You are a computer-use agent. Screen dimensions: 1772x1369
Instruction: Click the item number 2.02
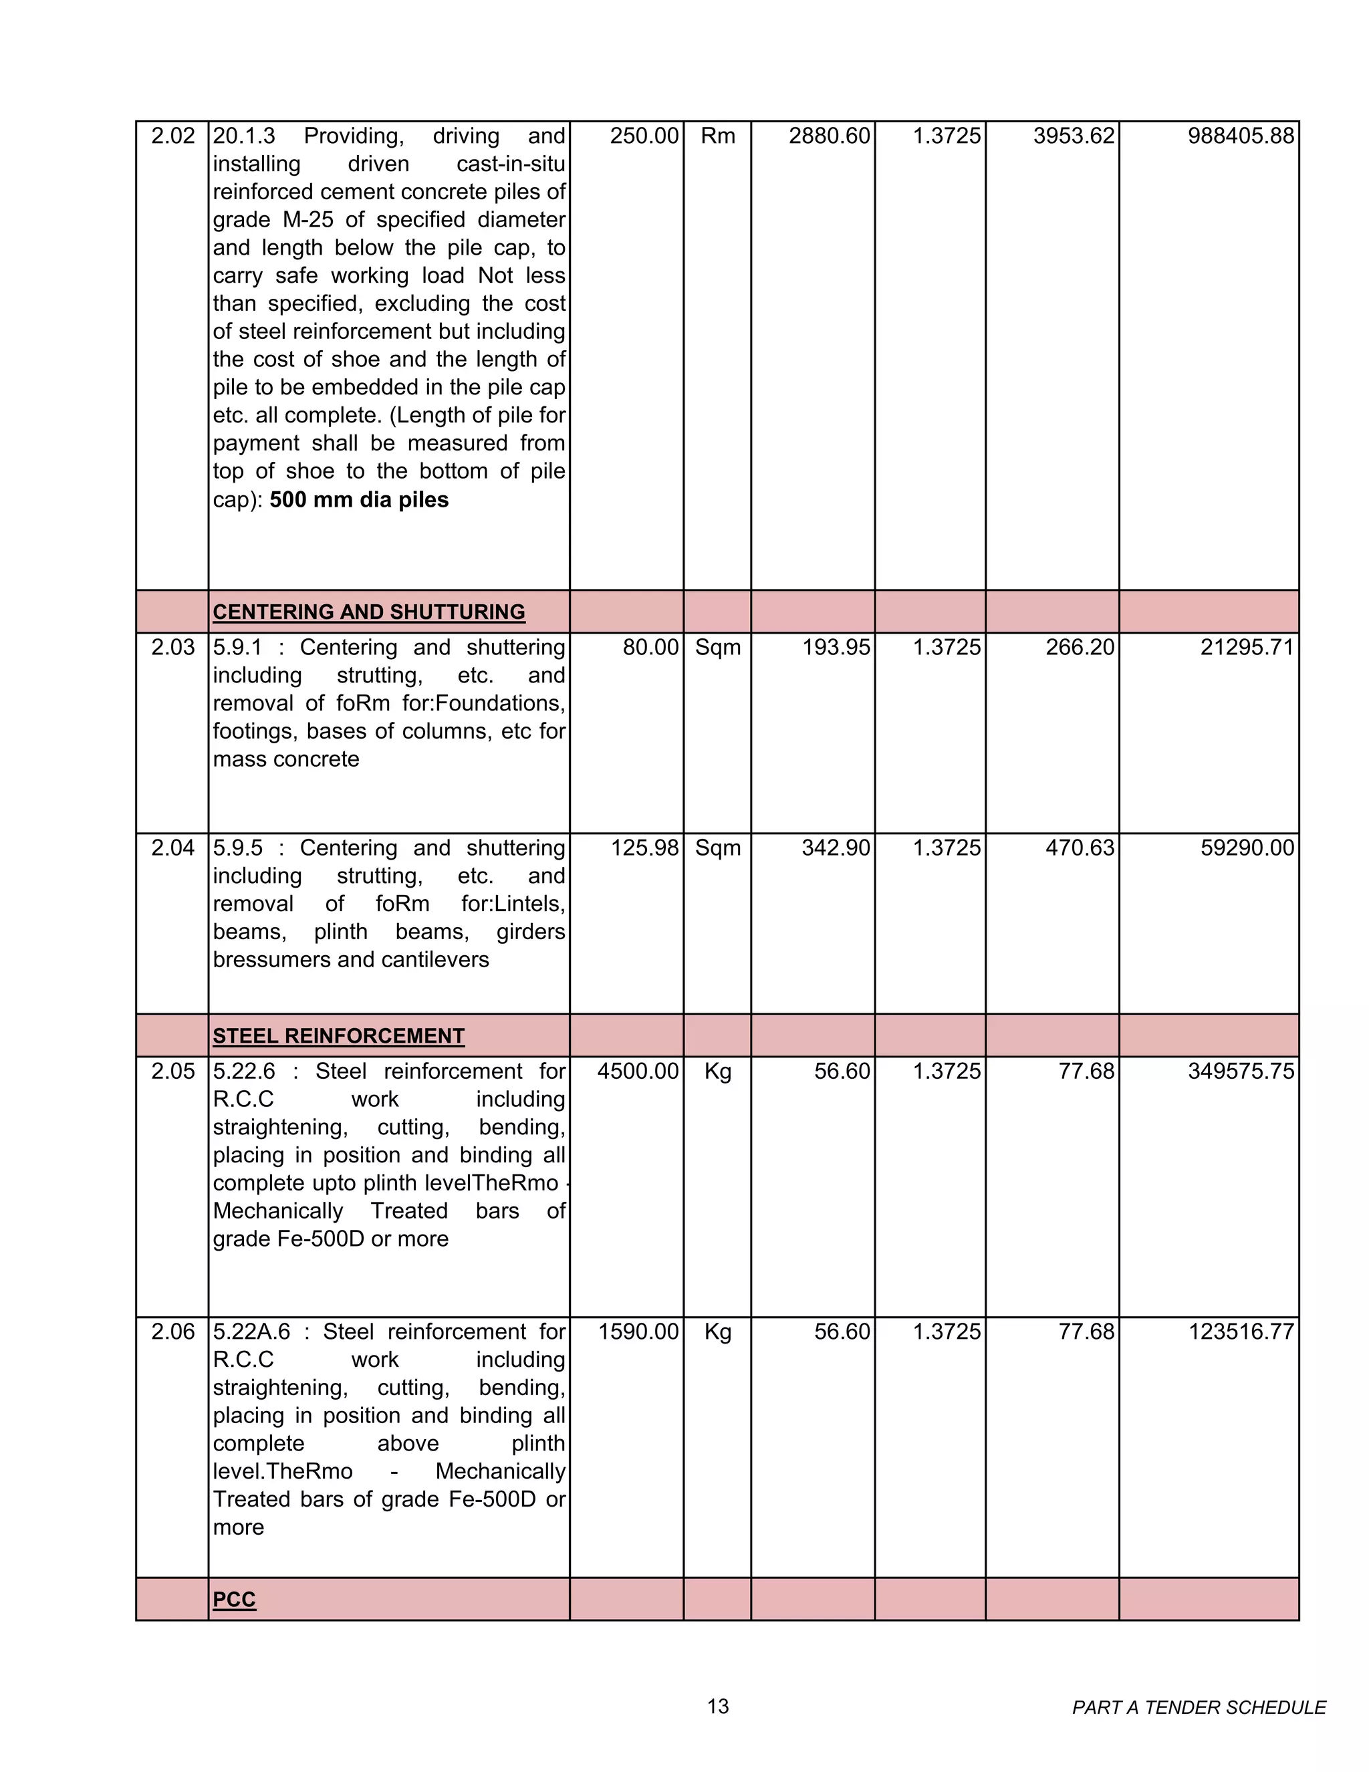coord(173,136)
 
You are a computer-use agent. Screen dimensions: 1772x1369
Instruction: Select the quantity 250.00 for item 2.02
coord(644,136)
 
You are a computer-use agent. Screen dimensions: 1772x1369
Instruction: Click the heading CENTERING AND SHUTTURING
coord(368,612)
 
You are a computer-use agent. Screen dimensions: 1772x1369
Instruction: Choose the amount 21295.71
coord(1247,648)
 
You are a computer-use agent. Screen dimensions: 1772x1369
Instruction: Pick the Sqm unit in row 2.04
coord(717,848)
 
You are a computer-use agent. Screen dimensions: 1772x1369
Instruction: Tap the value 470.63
coord(1080,848)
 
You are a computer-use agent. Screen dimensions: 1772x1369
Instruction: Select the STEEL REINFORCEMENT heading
coord(338,1036)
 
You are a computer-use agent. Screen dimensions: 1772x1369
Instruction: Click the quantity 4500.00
coord(638,1071)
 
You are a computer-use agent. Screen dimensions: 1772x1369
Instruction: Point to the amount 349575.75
coord(1240,1071)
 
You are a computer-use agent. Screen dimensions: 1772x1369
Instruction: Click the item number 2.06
coord(173,1332)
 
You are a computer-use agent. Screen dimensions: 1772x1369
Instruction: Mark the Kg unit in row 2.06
coord(717,1332)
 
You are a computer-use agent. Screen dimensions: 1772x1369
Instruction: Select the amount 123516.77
coord(1240,1332)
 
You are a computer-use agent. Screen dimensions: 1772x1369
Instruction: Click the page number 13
coord(717,1706)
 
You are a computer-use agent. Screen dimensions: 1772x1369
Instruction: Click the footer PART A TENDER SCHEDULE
coord(1198,1708)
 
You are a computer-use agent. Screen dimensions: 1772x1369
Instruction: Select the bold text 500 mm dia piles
coord(359,500)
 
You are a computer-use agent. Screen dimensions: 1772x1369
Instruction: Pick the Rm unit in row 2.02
coord(717,136)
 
